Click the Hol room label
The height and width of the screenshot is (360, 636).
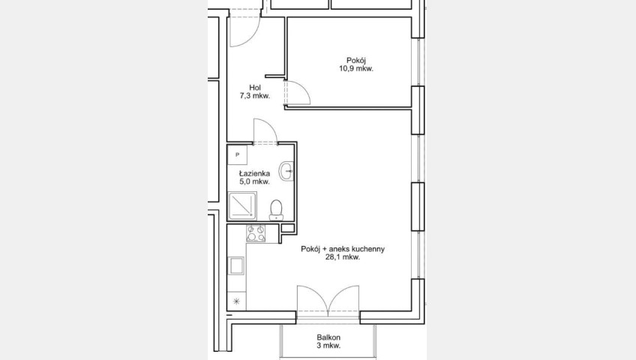pos(255,88)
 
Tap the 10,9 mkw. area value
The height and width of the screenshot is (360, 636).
pos(356,68)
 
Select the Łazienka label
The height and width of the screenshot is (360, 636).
pos(254,173)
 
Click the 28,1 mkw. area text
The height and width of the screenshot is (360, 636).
pos(343,256)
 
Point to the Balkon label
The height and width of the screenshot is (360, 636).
pos(328,337)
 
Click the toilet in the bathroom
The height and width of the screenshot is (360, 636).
pos(277,209)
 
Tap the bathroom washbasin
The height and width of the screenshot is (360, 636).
pos(286,172)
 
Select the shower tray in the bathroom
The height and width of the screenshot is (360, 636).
pos(242,206)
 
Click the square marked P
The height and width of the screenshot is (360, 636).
pos(237,154)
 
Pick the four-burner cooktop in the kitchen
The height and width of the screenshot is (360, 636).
pos(256,233)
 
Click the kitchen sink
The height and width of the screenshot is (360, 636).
pos(237,266)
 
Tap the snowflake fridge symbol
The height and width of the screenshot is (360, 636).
pos(237,301)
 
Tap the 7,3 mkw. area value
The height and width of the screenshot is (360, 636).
pos(255,96)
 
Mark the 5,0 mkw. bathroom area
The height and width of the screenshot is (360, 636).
pos(254,181)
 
